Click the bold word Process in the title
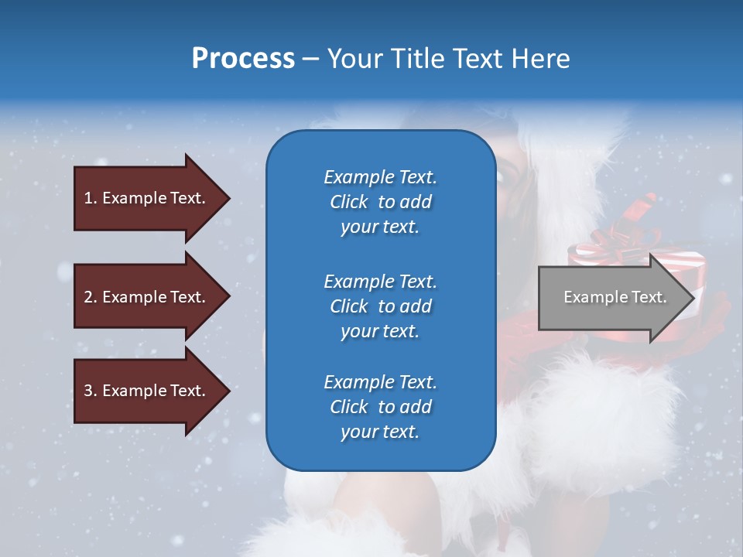pyautogui.click(x=243, y=59)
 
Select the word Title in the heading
pyautogui.click(x=418, y=59)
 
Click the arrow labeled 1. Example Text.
pyautogui.click(x=147, y=198)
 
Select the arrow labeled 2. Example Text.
pyautogui.click(x=147, y=297)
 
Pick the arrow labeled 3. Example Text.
pyautogui.click(x=147, y=391)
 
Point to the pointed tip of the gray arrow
pyautogui.click(x=693, y=298)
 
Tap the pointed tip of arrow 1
pyautogui.click(x=229, y=198)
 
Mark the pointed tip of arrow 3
pyautogui.click(x=229, y=391)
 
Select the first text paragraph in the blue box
pyautogui.click(x=380, y=202)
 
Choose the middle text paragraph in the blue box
pyautogui.click(x=380, y=306)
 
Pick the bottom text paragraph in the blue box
pyautogui.click(x=380, y=407)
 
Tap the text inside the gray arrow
pyautogui.click(x=615, y=297)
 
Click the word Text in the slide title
pyautogui.click(x=478, y=59)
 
